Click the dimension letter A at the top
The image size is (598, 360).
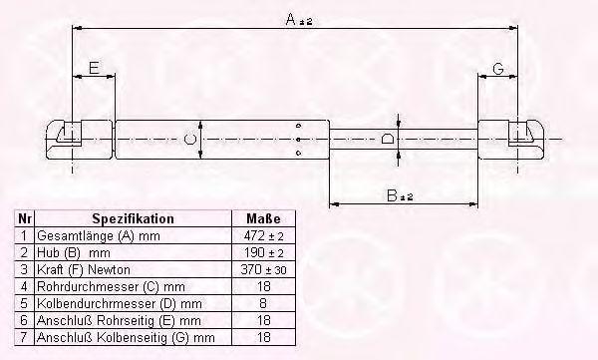291,19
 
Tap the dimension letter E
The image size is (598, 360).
94,68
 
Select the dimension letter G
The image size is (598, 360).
498,69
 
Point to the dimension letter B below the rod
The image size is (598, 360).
392,195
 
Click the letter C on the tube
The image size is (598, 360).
189,139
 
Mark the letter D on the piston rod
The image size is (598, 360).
388,139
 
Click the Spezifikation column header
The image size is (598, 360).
134,218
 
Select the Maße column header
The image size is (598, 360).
263,218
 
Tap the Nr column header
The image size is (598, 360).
24,218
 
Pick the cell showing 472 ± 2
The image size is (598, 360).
263,236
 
